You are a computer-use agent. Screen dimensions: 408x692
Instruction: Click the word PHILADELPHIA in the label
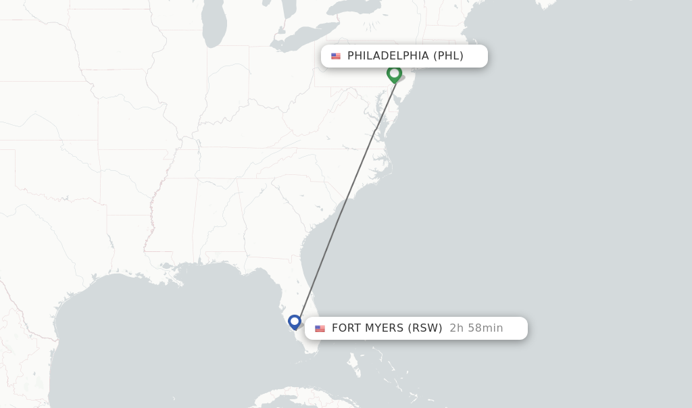click(388, 56)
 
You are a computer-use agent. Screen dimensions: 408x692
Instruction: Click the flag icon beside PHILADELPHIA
click(336, 56)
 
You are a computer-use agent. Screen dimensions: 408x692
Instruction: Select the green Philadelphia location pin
click(395, 73)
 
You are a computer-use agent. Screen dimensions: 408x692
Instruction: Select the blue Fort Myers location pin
click(295, 322)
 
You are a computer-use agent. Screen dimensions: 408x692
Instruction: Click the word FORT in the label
click(347, 328)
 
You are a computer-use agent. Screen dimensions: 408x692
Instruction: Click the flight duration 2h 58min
click(476, 328)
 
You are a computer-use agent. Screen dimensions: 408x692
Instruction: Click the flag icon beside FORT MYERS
click(320, 328)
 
